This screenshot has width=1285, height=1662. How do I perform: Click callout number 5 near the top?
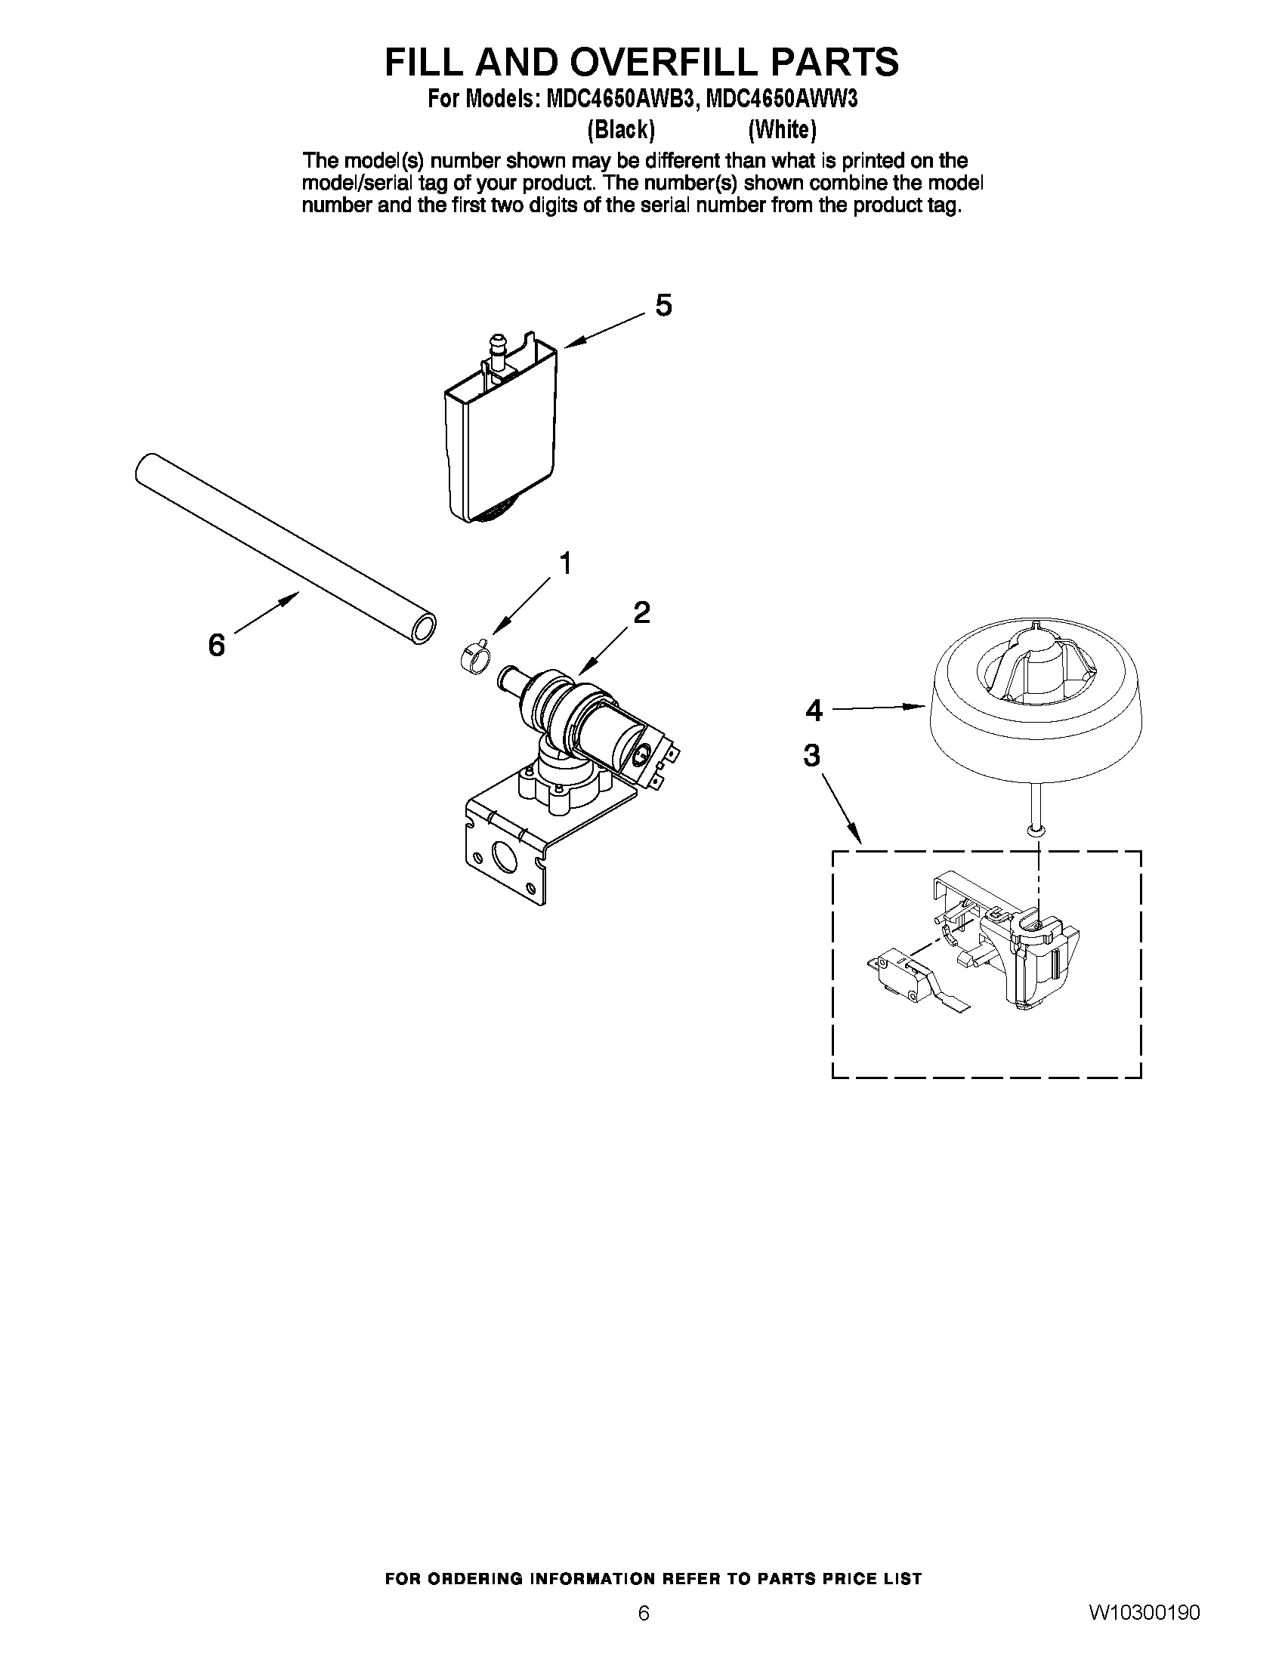[x=663, y=306]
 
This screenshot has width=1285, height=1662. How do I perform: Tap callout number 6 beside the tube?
[x=217, y=646]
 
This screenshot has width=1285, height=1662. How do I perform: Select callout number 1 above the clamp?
[x=565, y=564]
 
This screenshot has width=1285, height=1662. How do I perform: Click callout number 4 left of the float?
[x=814, y=711]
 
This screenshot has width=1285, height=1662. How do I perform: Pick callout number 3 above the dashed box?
[x=812, y=756]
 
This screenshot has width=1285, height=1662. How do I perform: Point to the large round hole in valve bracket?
[x=504, y=857]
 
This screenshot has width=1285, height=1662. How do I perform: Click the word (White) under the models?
[x=782, y=131]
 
